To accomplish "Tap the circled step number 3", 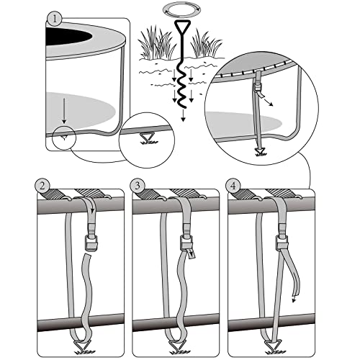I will [x=139, y=186].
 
